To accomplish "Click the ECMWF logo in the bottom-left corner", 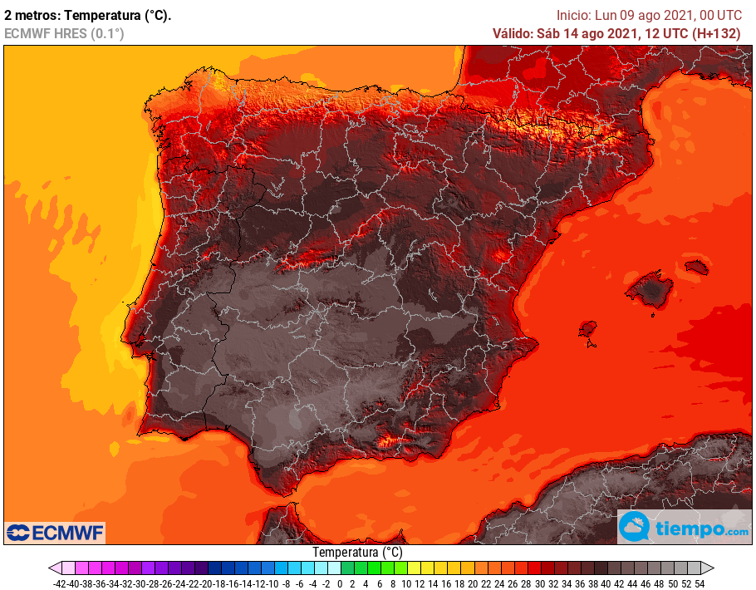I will coord(55,532).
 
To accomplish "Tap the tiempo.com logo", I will coord(684,528).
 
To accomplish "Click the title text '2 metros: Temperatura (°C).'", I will coord(88,15).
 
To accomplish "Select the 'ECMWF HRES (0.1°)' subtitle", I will coord(64,33).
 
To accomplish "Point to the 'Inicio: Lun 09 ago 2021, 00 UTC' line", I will coord(649,15).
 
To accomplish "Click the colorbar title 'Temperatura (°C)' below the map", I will coord(357,552).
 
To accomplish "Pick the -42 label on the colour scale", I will coord(60,583).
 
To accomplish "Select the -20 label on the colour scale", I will coord(206,583).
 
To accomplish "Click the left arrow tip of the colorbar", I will coord(51,568).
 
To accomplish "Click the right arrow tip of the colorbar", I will coord(712,568).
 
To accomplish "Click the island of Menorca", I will coord(696,267).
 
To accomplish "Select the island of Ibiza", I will coord(588,328).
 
